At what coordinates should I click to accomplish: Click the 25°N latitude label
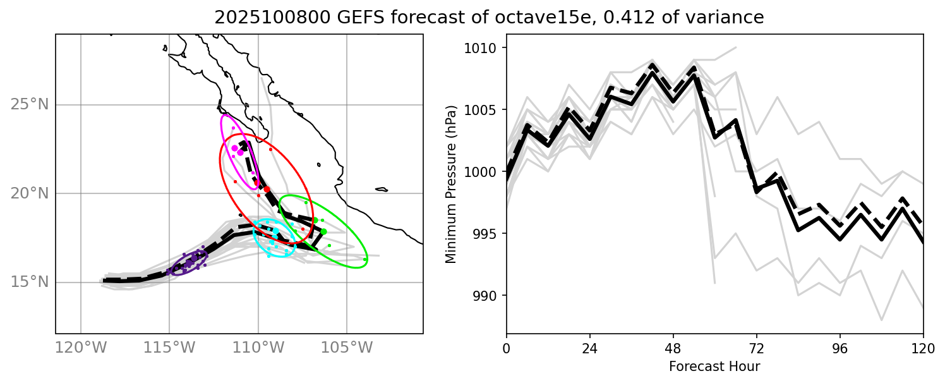[29, 104]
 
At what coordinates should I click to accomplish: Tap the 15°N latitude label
[29, 282]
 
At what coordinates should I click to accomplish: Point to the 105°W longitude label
[351, 348]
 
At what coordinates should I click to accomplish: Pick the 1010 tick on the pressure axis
[484, 48]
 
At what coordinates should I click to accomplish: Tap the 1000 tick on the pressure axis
[484, 172]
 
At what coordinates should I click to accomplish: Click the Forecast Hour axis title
[714, 367]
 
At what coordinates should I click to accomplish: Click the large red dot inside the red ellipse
[267, 189]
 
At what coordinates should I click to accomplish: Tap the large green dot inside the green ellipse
[323, 231]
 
